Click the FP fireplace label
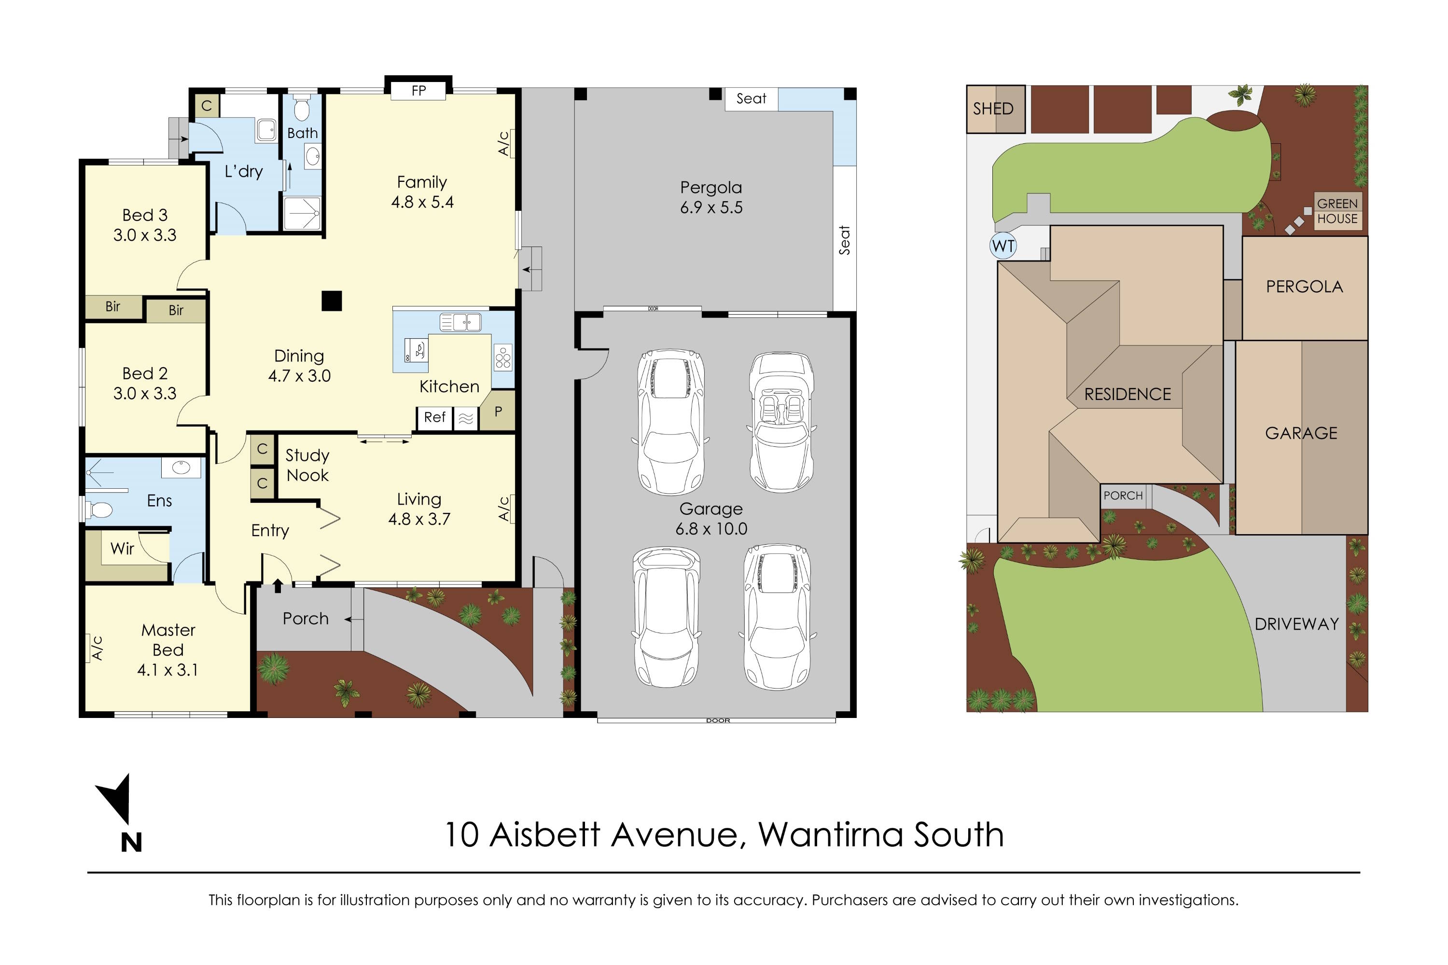[x=418, y=91]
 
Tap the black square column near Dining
[x=331, y=301]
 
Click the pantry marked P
[x=498, y=412]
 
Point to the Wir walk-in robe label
[x=122, y=548]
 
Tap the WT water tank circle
[x=1003, y=246]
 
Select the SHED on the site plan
[x=993, y=109]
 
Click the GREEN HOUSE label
[x=1337, y=211]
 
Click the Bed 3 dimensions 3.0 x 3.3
[x=145, y=235]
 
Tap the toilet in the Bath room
[x=301, y=109]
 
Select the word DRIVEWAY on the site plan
[x=1296, y=624]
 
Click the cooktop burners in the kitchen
[x=503, y=358]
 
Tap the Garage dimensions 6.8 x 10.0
[x=711, y=529]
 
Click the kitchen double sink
[x=460, y=322]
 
